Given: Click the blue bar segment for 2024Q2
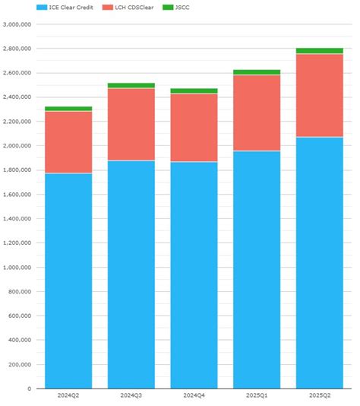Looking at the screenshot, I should [68, 281].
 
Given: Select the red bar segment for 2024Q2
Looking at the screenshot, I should [68, 142].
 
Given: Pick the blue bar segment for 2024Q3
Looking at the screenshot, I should [131, 274].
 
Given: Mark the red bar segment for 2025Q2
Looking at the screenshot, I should [319, 95].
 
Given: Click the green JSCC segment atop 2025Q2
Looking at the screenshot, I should [319, 51].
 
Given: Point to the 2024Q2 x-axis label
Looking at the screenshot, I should [68, 395].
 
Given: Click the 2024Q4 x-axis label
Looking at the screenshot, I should [194, 395].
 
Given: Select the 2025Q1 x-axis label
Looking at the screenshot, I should [257, 395].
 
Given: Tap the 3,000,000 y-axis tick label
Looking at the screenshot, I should [17, 24].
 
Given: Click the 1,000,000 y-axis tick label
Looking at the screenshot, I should [17, 268].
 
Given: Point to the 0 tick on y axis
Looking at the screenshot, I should [29, 389].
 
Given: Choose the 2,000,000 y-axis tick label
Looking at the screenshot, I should [17, 146].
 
